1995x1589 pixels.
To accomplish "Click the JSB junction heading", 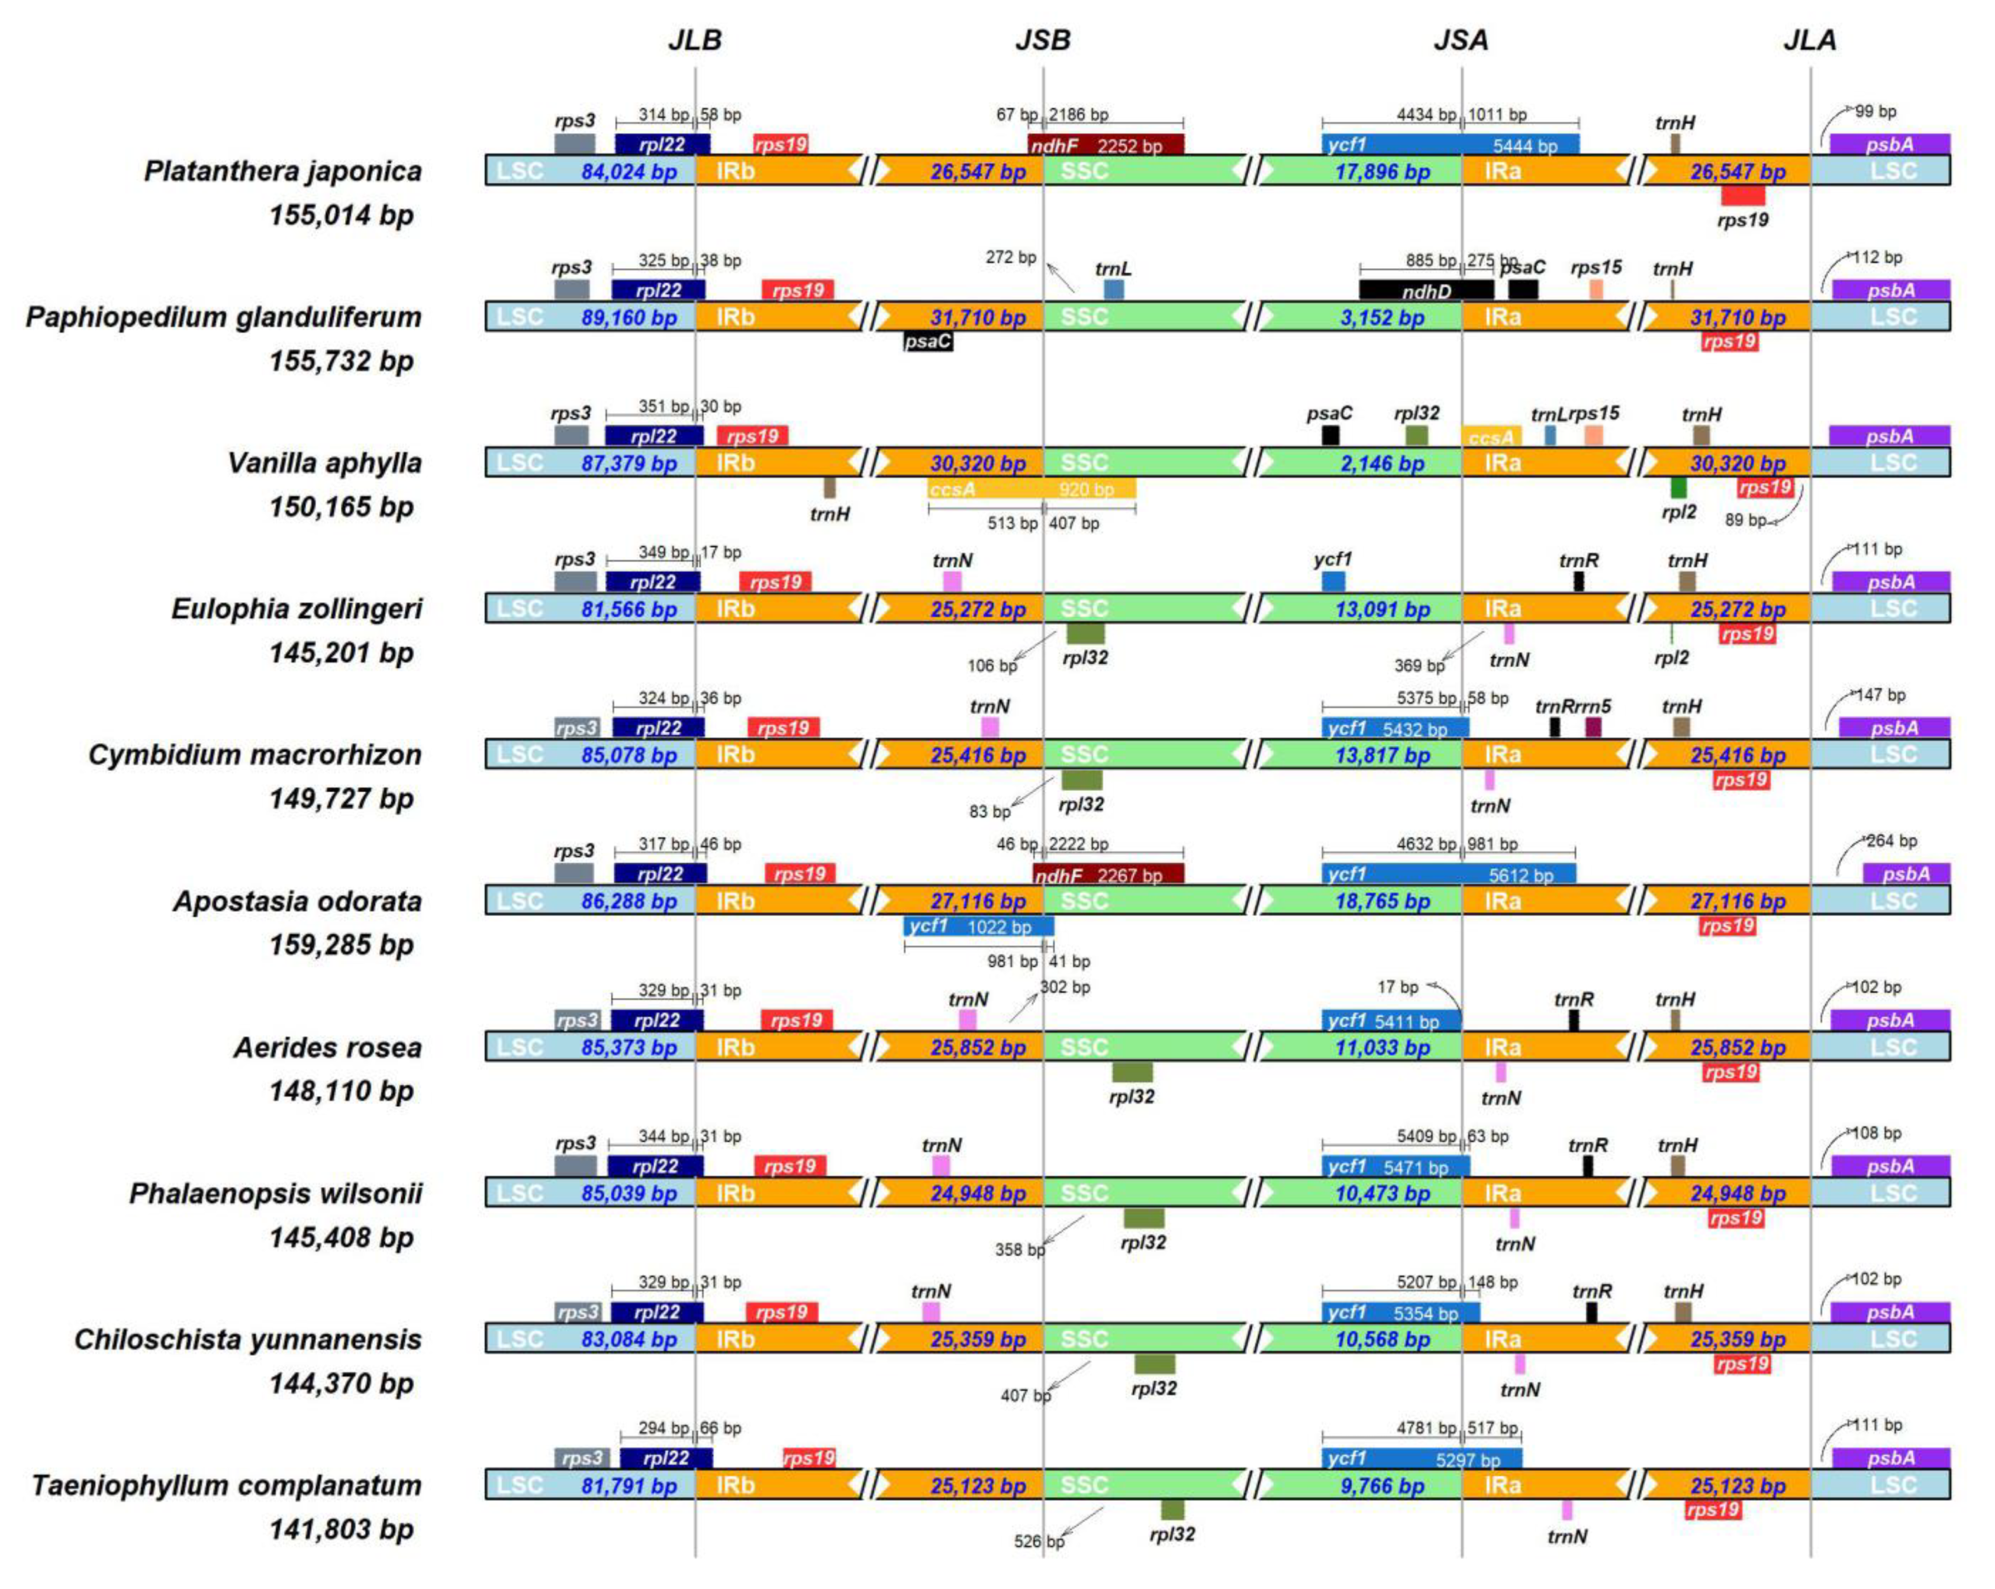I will [1043, 40].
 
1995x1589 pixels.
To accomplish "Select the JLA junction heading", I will [1810, 40].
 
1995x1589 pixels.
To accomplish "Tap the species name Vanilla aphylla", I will [325, 463].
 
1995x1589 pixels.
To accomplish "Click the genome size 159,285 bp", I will [341, 945].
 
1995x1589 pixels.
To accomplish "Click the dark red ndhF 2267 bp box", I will [1108, 874].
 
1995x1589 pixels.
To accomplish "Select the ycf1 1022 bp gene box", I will [978, 927].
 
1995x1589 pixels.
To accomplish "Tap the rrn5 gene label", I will [1593, 707].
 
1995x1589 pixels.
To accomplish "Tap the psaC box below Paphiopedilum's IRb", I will [927, 342].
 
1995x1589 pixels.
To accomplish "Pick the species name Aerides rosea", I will [327, 1048].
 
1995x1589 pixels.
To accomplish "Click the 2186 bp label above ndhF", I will [1078, 115].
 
